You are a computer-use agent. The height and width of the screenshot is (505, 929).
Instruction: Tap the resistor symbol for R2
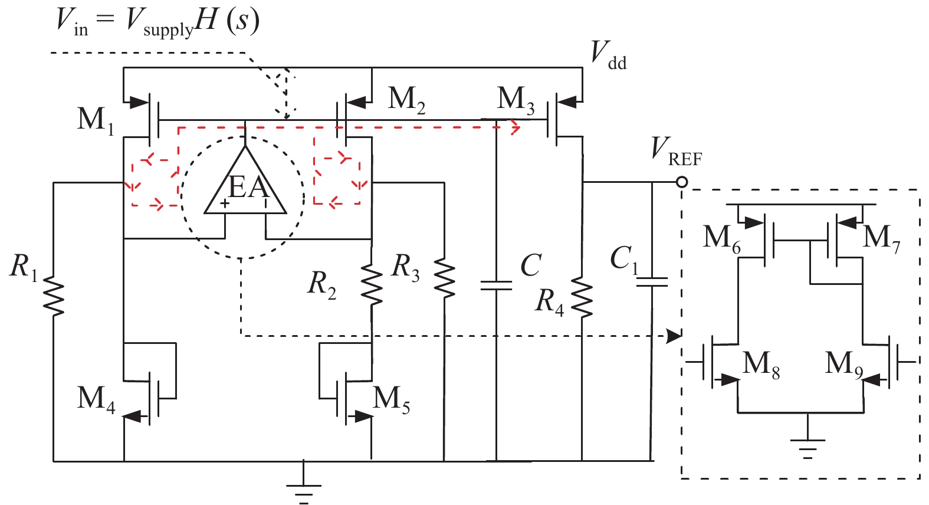pos(372,284)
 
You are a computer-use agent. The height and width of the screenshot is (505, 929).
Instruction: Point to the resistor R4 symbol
pos(582,298)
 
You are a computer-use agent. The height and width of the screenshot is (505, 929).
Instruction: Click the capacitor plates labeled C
pos(496,286)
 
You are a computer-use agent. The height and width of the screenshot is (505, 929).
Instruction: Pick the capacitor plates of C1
pos(652,282)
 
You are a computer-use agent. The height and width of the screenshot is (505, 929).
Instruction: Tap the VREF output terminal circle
pos(682,182)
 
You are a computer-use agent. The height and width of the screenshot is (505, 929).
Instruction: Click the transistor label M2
pos(406,99)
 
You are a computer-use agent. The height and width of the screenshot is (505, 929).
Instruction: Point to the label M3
pos(516,99)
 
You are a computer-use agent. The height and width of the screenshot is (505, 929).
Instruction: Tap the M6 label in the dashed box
pos(721,238)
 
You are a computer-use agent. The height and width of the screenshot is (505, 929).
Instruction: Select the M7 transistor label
pos(881,238)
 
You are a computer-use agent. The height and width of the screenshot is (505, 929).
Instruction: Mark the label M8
pos(761,363)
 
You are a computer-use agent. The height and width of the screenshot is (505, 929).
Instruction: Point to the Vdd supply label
pos(608,55)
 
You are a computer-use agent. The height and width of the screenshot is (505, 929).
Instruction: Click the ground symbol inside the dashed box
pos(807,445)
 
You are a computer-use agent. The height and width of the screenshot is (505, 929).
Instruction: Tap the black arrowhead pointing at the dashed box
pos(674,336)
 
